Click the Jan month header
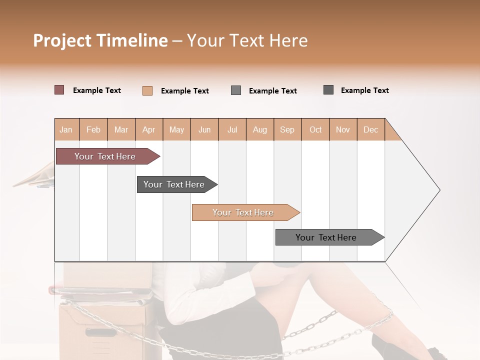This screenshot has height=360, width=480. (x=66, y=130)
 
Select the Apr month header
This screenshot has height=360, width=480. (x=149, y=130)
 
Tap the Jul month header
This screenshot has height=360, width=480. (x=232, y=130)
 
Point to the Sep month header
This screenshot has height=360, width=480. (x=287, y=130)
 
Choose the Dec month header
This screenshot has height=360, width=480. (x=370, y=130)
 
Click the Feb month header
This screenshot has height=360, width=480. (x=93, y=130)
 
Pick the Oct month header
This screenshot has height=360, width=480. (x=315, y=130)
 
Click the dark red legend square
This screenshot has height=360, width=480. (x=59, y=90)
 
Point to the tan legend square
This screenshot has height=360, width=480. (x=147, y=90)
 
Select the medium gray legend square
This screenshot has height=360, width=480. (x=236, y=90)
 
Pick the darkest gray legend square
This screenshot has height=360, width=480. (x=328, y=90)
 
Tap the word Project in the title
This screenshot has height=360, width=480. (x=61, y=40)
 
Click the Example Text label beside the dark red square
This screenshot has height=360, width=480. (x=97, y=90)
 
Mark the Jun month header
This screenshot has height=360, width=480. (x=204, y=130)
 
